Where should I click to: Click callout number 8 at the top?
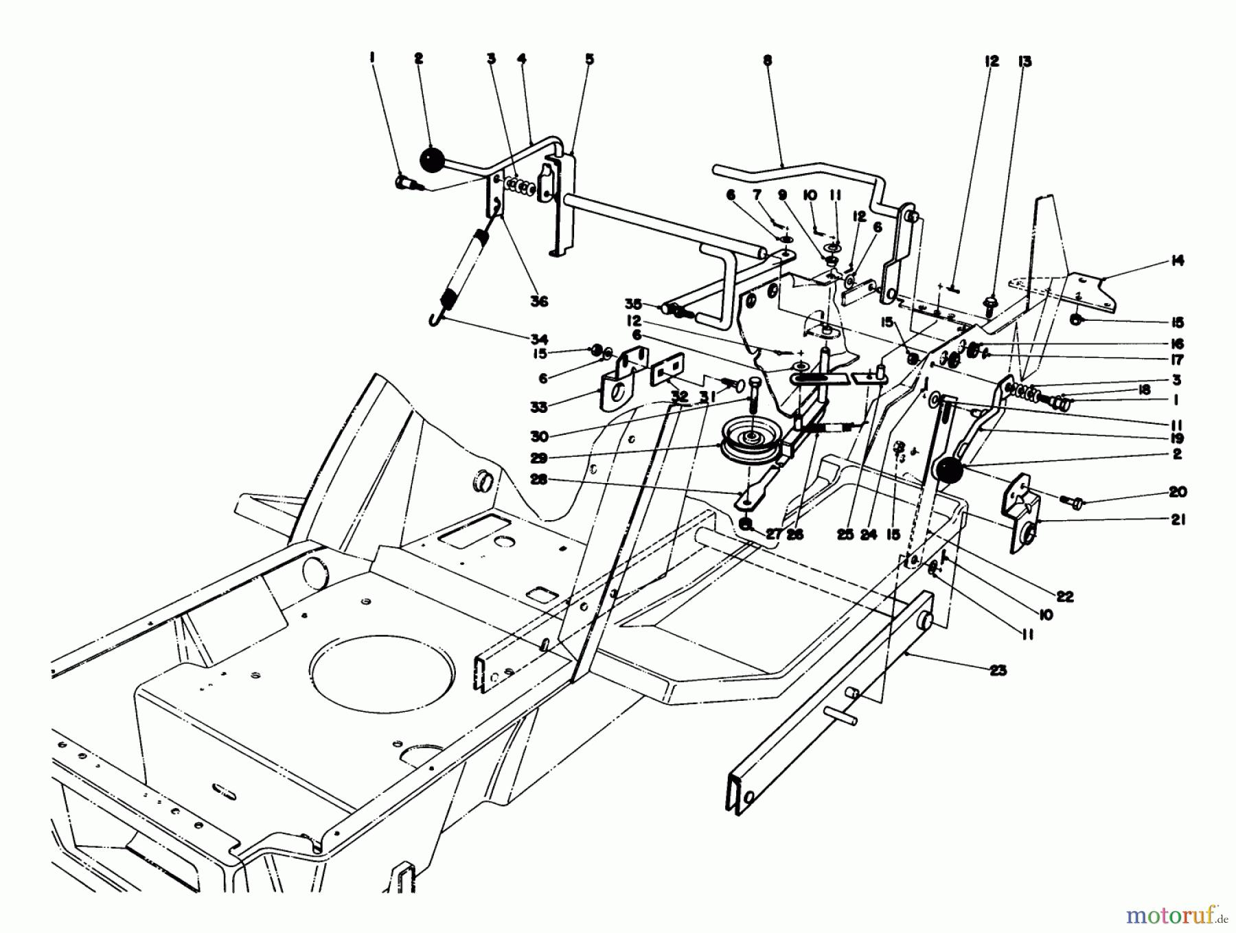pos(767,60)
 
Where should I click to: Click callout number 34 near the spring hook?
pos(539,339)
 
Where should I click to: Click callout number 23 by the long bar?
pos(997,670)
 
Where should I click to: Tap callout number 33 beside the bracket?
pos(539,407)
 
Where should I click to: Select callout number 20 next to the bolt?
pos(1177,492)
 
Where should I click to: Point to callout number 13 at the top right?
pos(1024,62)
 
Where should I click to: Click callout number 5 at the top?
pos(589,60)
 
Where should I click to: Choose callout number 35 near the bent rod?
pos(632,303)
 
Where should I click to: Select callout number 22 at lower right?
pos(1064,596)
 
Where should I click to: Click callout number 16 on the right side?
pos(1177,344)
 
